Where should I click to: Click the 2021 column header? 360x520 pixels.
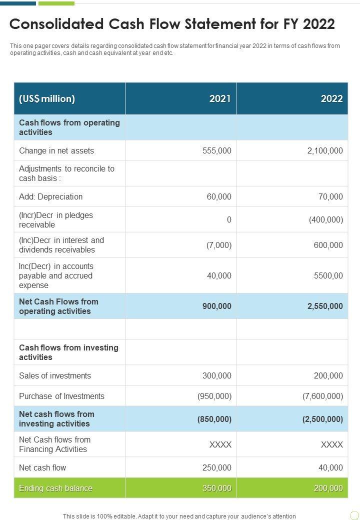pyautogui.click(x=220, y=98)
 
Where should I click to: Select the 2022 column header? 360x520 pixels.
pyautogui.click(x=331, y=98)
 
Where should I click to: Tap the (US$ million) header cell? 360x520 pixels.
pyautogui.click(x=47, y=98)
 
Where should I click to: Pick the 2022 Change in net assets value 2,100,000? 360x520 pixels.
pyautogui.click(x=325, y=150)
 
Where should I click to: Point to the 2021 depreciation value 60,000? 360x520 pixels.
pyautogui.click(x=219, y=196)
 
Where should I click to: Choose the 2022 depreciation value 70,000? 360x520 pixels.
pyautogui.click(x=330, y=196)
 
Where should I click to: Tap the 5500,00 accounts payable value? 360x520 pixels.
pyautogui.click(x=328, y=275)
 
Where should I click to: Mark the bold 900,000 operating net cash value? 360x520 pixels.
pyautogui.click(x=217, y=306)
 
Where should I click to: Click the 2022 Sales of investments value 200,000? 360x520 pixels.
pyautogui.click(x=328, y=375)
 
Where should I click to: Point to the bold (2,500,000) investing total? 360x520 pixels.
pyautogui.click(x=322, y=419)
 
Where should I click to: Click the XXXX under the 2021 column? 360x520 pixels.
pyautogui.click(x=220, y=444)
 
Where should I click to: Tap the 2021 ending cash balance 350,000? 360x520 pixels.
pyautogui.click(x=217, y=488)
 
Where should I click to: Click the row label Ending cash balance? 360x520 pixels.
pyautogui.click(x=55, y=488)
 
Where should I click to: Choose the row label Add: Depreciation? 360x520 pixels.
pyautogui.click(x=50, y=196)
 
